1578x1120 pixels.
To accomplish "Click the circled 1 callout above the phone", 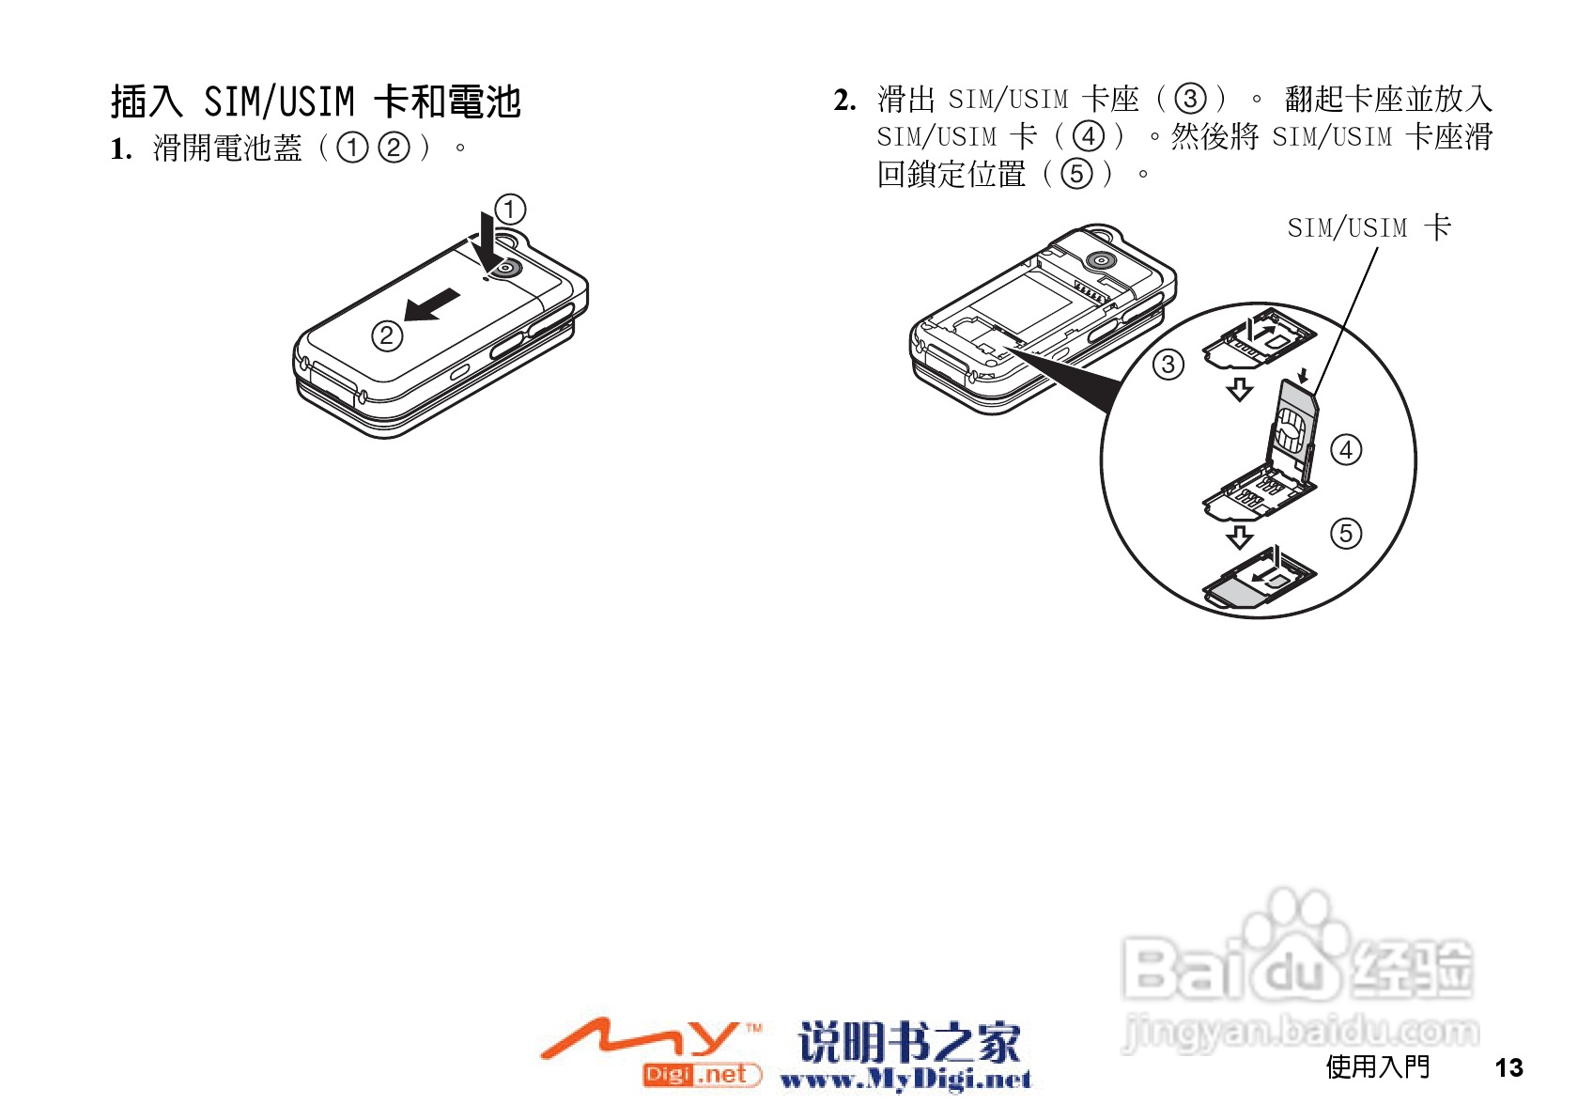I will [x=510, y=209].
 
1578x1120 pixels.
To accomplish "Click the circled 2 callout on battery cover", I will [x=387, y=335].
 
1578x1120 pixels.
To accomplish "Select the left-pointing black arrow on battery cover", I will [x=432, y=305].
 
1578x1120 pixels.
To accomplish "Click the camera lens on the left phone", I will [x=506, y=269].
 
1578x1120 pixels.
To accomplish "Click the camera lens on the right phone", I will [x=1098, y=260].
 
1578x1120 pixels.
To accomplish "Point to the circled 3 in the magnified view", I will [x=1168, y=365].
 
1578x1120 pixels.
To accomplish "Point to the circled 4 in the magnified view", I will [x=1346, y=450].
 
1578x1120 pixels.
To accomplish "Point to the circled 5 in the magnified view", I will [x=1346, y=534].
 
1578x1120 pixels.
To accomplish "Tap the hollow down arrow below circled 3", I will [x=1240, y=389].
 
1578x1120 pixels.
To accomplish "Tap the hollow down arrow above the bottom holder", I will [x=1240, y=537].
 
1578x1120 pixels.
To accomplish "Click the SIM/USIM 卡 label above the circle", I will [x=1369, y=227].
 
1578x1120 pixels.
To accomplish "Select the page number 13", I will [x=1508, y=1067].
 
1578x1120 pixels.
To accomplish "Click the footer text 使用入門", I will [x=1377, y=1066].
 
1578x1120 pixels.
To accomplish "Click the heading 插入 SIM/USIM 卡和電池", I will [x=316, y=101].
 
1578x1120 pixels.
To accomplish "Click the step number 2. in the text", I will [x=844, y=100].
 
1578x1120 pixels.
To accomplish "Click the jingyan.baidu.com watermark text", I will [x=1301, y=1033].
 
